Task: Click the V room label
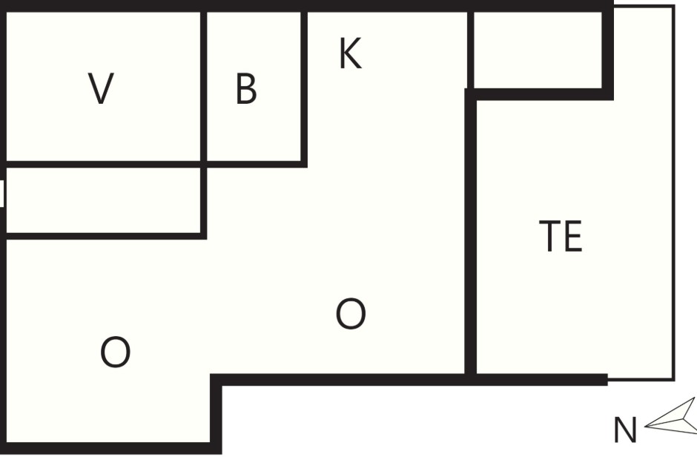coord(102,88)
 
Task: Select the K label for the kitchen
coord(350,53)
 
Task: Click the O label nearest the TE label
coord(351,314)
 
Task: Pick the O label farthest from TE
coord(115,352)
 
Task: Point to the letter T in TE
coord(549,236)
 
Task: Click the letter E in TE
coord(573,236)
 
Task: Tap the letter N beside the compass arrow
coord(625,430)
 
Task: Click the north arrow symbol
coord(671,416)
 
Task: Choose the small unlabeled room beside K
coord(538,50)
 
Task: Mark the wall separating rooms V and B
coord(204,87)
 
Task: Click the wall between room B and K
coord(304,88)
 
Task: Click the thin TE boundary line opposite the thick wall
coord(673,193)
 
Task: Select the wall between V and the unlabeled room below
coord(103,165)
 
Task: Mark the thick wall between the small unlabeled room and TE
coord(539,94)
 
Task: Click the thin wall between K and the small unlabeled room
coord(470,50)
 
